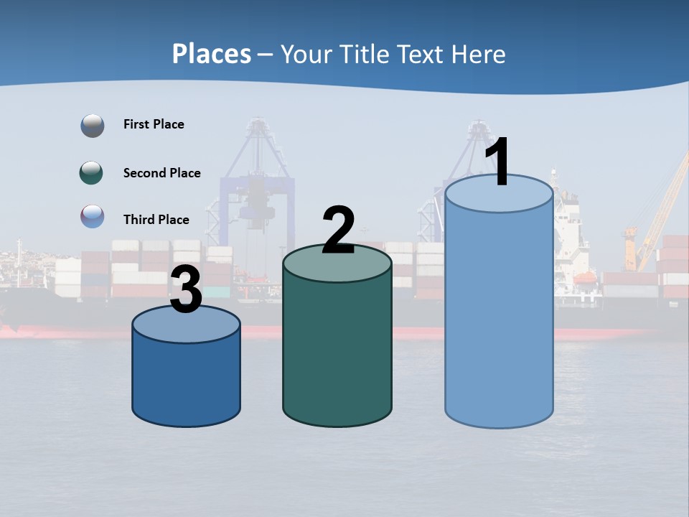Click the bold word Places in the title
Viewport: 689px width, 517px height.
[212, 54]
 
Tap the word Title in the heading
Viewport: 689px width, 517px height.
[360, 54]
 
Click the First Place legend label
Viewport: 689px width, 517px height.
[154, 124]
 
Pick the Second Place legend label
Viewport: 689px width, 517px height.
[161, 173]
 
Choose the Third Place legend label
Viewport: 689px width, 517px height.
[156, 220]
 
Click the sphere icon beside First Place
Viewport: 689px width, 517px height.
[93, 126]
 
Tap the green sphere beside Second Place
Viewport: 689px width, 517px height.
[92, 173]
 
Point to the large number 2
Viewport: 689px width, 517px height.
[338, 230]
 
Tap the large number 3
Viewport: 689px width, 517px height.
[187, 291]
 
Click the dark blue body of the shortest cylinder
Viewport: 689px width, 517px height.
[187, 381]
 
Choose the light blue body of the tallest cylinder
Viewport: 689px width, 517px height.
[499, 316]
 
